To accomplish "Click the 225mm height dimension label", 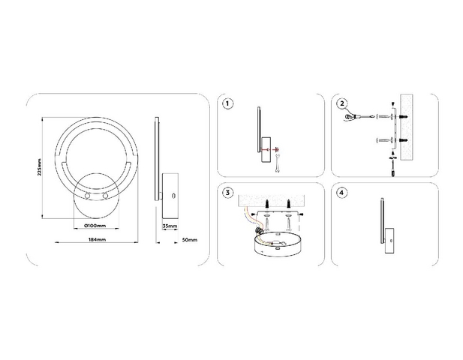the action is [x=40, y=167].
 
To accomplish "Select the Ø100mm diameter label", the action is [x=95, y=226].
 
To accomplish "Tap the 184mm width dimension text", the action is [x=97, y=239].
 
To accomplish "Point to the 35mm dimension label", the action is [x=170, y=226].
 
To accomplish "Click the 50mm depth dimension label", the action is [x=189, y=240].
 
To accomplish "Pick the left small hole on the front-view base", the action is [x=87, y=196].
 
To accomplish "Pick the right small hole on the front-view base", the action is [x=105, y=196].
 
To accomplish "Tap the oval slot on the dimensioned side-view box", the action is [x=173, y=196].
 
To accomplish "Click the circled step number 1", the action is [x=227, y=103].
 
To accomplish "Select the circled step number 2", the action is [x=342, y=103].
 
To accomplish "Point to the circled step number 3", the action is [x=227, y=193].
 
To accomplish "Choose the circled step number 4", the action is [x=342, y=193].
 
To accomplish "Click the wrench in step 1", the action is [x=277, y=163].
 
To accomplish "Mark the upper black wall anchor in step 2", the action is [x=404, y=117].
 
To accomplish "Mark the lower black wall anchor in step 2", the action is [x=404, y=140].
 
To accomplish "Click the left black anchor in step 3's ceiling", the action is [x=267, y=203].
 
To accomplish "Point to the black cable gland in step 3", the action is [x=259, y=229].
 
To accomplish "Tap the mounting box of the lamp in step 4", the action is [x=389, y=241].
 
